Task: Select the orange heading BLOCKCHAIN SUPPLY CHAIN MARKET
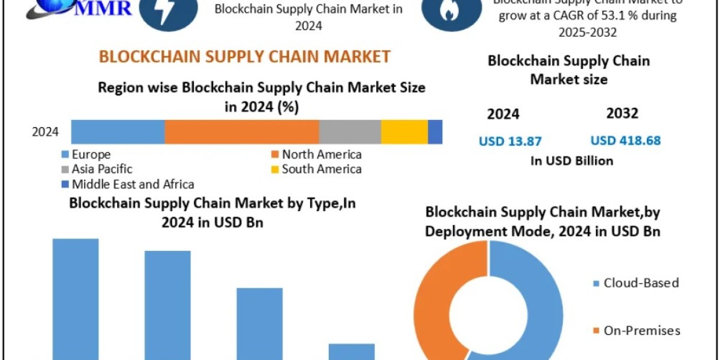pyautogui.click(x=245, y=56)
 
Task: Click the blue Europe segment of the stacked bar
pyautogui.click(x=118, y=132)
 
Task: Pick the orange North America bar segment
pyautogui.click(x=242, y=132)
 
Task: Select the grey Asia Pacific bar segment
pyautogui.click(x=350, y=132)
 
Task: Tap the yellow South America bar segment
pyautogui.click(x=404, y=132)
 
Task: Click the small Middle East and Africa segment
pyautogui.click(x=435, y=132)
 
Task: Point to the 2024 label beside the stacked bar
pyautogui.click(x=45, y=132)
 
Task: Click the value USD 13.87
pyautogui.click(x=510, y=142)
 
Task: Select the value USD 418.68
pyautogui.click(x=625, y=141)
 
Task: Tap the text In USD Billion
pyautogui.click(x=572, y=161)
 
